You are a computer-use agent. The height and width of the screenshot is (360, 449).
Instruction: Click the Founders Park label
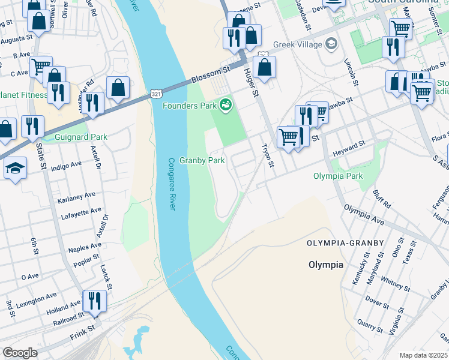coord(189,106)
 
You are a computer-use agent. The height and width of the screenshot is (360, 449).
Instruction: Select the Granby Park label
coord(202,161)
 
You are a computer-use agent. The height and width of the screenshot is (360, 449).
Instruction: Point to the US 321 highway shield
coord(155,94)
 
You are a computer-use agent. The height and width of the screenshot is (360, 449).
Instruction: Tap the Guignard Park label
coord(81,137)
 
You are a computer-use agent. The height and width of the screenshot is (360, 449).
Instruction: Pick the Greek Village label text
coord(297,44)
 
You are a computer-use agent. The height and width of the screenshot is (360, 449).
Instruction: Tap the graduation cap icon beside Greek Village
coord(331,44)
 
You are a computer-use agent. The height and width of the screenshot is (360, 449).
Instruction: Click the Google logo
coord(20,353)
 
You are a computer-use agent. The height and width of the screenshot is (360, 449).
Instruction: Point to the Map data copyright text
coord(423,355)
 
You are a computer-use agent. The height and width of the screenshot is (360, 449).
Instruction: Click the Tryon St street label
coord(268,155)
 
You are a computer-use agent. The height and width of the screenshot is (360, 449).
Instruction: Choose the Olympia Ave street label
coord(363,214)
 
